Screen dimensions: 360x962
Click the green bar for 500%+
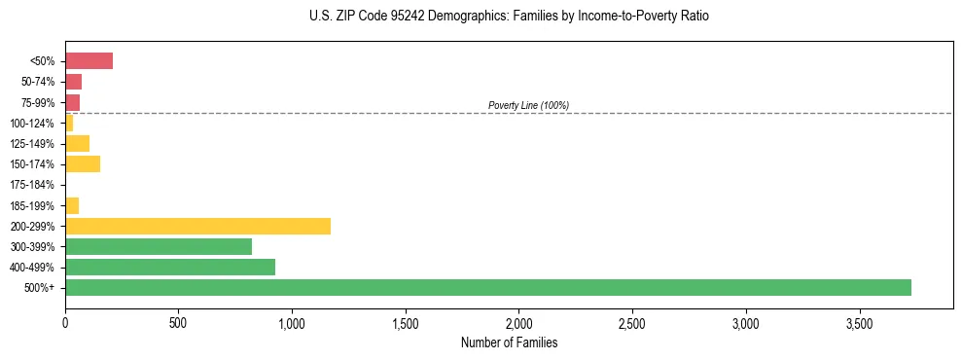pyautogui.click(x=487, y=287)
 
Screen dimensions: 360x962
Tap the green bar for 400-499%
pyautogui.click(x=170, y=267)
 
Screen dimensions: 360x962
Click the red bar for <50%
pyautogui.click(x=89, y=61)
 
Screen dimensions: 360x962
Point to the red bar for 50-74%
pyautogui.click(x=73, y=82)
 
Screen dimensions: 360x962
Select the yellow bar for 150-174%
pyautogui.click(x=83, y=164)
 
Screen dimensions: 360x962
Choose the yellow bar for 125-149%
pyautogui.click(x=77, y=144)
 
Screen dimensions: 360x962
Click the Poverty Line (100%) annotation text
pyautogui.click(x=528, y=105)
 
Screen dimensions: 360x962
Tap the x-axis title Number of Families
pyautogui.click(x=509, y=342)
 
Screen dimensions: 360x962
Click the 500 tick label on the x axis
pyautogui.click(x=178, y=322)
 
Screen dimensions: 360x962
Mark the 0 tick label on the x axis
pyautogui.click(x=65, y=322)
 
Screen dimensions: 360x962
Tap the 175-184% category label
pyautogui.click(x=32, y=185)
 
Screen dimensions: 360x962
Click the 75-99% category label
pyautogui.click(x=37, y=102)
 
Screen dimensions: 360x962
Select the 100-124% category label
pyautogui.click(x=32, y=124)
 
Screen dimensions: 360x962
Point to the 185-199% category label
pyautogui.click(x=32, y=205)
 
